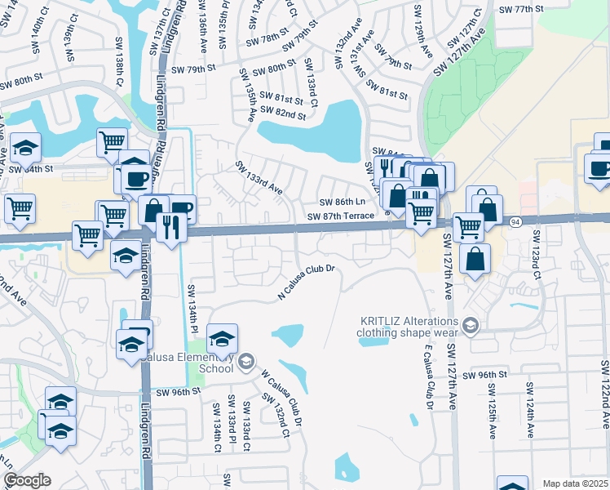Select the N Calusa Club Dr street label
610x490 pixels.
click(307, 281)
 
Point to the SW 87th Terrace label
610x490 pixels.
click(342, 216)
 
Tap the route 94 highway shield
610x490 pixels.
click(515, 221)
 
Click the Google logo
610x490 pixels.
click(27, 479)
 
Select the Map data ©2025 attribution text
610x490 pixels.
click(576, 483)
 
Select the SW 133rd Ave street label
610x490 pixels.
click(259, 177)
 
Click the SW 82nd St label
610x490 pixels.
click(283, 115)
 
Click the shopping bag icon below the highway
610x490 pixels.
click(475, 259)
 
